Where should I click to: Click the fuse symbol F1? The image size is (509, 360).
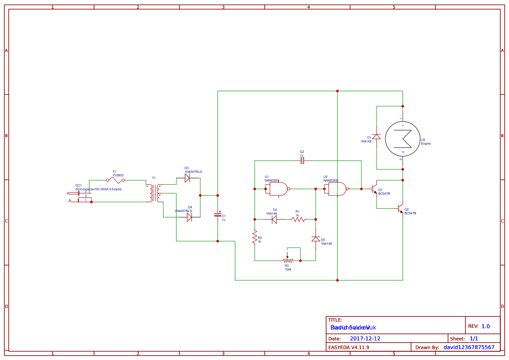point(115,180)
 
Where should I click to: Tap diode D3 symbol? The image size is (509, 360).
point(187,178)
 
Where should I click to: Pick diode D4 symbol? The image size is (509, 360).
point(189,217)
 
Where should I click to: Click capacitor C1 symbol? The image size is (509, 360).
point(218,215)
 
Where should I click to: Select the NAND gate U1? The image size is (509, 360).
point(278,189)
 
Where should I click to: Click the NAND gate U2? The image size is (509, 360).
point(337,189)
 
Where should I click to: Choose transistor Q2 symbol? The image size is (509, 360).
point(400,209)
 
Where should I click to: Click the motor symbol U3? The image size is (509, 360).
point(403,138)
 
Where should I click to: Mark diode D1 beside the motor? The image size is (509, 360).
point(377,137)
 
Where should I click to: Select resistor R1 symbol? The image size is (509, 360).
point(299,219)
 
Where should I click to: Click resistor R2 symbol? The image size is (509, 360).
point(255,237)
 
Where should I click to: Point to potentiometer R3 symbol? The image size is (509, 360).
point(287,260)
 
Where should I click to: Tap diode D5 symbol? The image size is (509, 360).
point(316,239)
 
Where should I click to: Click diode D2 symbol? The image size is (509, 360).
point(274,219)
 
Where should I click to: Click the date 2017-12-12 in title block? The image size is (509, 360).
point(365,338)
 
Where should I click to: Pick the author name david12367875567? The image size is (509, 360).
point(469,347)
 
